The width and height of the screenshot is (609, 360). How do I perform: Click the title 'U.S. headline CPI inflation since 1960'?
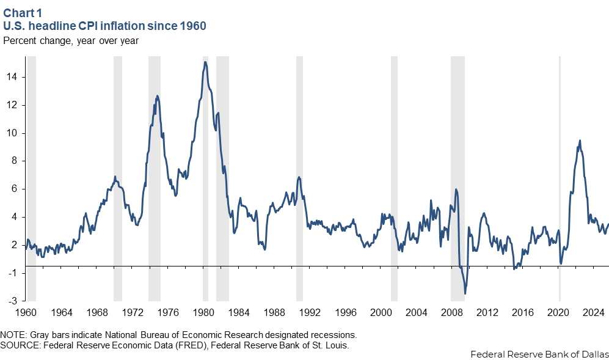[x=104, y=26]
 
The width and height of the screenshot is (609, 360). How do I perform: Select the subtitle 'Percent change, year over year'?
[x=71, y=41]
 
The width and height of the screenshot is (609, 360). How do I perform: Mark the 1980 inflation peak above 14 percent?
[x=205, y=62]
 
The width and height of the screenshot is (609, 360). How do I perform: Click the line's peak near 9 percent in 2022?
[x=580, y=141]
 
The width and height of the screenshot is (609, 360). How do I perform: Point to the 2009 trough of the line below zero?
[x=465, y=294]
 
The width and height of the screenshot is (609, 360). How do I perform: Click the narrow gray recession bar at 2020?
[x=560, y=177]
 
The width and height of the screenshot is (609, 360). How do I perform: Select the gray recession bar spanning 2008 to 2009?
[x=458, y=177]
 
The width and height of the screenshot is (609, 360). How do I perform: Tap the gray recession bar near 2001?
[x=394, y=177]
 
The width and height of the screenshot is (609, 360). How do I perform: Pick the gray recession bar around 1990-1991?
[x=299, y=177]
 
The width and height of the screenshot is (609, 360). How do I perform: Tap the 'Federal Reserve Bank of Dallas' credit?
[x=539, y=354]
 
